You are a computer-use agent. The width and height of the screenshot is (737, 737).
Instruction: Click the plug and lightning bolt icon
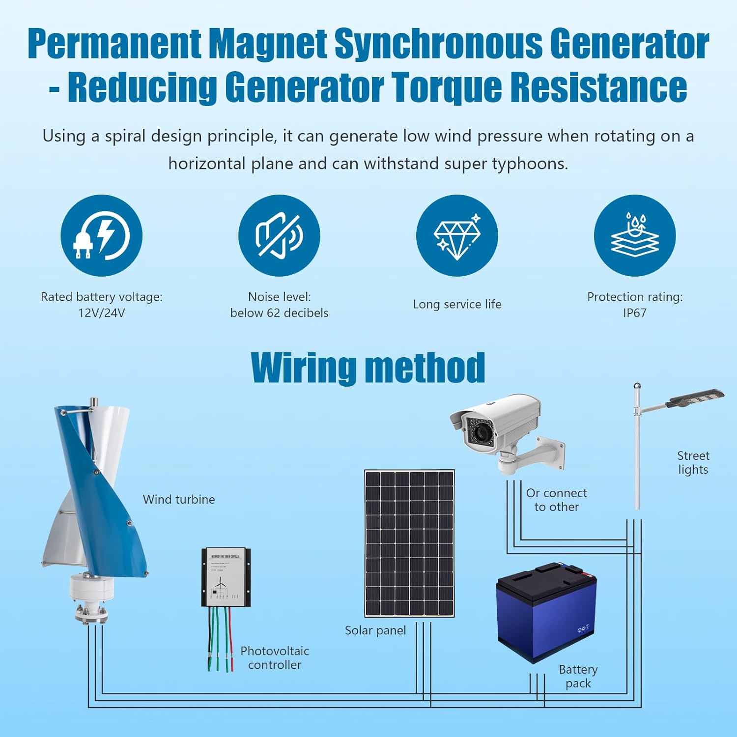click(101, 235)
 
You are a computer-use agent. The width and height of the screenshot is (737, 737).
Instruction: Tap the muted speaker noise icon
click(279, 235)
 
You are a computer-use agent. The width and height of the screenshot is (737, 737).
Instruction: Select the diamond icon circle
click(457, 235)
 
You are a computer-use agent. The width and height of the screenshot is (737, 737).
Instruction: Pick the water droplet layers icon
click(635, 235)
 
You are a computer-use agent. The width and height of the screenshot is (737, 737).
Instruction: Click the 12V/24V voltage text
click(101, 313)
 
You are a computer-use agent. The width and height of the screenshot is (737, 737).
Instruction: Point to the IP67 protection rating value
click(635, 313)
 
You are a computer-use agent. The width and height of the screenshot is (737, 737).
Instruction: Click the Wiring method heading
click(368, 368)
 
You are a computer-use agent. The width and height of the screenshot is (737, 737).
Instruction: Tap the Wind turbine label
click(179, 499)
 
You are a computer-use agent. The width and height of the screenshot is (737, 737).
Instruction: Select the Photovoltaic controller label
click(275, 658)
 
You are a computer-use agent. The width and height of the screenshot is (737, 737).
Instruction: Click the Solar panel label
click(375, 630)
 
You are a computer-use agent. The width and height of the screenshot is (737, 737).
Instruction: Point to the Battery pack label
click(578, 677)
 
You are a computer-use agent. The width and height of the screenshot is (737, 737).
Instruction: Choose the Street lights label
click(693, 462)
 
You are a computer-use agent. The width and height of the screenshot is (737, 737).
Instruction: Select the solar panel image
click(409, 543)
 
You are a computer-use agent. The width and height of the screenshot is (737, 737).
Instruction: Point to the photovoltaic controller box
click(226, 577)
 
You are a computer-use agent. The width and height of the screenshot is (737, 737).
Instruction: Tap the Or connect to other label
click(557, 500)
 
